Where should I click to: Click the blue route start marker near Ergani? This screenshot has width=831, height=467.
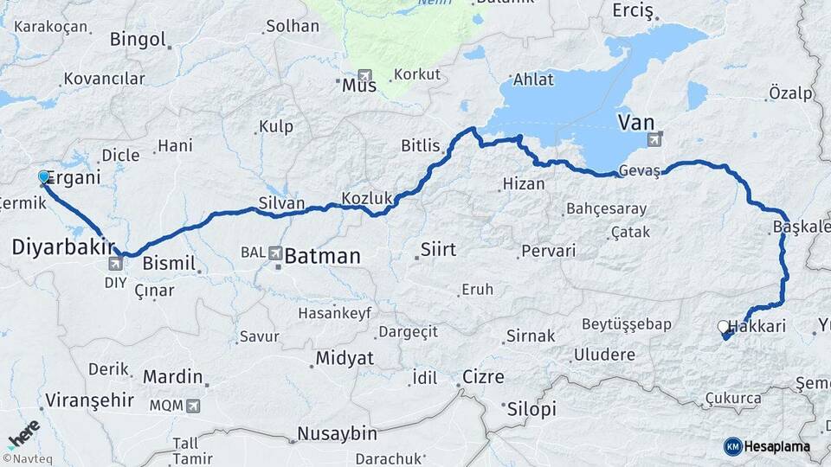(44, 177)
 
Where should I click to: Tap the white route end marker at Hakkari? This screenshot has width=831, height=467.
(723, 327)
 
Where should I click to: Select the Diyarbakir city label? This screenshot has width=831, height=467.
(63, 247)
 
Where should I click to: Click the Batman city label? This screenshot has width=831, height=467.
(322, 256)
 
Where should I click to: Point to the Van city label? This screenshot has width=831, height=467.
(641, 122)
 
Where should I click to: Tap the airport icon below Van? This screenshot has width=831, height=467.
(653, 139)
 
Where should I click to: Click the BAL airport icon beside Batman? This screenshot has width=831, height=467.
(275, 253)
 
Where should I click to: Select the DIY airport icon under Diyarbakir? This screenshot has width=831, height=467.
(115, 264)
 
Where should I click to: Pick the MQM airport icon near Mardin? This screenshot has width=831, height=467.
(191, 405)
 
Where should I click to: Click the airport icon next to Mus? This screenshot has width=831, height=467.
(364, 75)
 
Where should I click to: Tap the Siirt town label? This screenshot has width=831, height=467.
(437, 250)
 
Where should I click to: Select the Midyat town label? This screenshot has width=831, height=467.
(345, 357)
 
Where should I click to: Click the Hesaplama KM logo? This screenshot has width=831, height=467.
(767, 446)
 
